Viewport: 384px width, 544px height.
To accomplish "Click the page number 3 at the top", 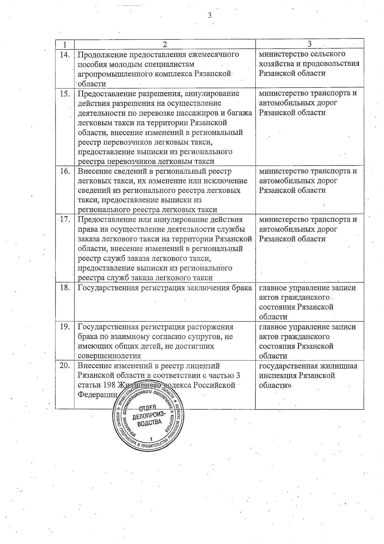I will click(x=210, y=15).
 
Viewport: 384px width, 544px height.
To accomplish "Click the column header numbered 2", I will click(x=164, y=44).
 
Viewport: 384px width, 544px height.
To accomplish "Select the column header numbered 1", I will click(x=65, y=44).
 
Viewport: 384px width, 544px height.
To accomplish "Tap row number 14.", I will click(x=65, y=54).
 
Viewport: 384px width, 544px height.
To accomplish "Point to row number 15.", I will click(x=65, y=93).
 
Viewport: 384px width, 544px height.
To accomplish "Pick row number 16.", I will click(x=65, y=171).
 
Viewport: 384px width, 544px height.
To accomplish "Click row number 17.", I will click(x=65, y=220).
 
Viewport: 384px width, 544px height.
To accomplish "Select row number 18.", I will click(x=65, y=288).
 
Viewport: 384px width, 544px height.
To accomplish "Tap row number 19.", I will click(x=65, y=327).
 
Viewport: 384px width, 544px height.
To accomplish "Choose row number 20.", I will click(x=65, y=366).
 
